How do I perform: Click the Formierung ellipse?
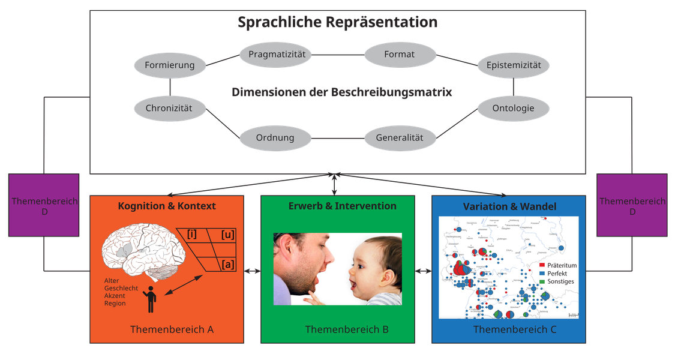tap(170, 65)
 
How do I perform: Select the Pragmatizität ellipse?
tap(276, 55)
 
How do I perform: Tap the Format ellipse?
tap(400, 55)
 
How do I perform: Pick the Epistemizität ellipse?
tap(514, 65)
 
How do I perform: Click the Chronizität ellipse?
tap(170, 109)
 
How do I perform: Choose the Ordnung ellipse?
tap(275, 137)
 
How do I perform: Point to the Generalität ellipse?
tap(400, 137)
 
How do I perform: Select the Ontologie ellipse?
tap(513, 109)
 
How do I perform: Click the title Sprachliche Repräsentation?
tap(337, 22)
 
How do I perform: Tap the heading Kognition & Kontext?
tap(167, 206)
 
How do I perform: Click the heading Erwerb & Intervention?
tap(342, 206)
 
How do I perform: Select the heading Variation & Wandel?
tap(509, 206)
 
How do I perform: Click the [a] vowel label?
tap(227, 264)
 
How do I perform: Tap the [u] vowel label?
tap(227, 234)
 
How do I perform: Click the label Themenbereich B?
tap(347, 329)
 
